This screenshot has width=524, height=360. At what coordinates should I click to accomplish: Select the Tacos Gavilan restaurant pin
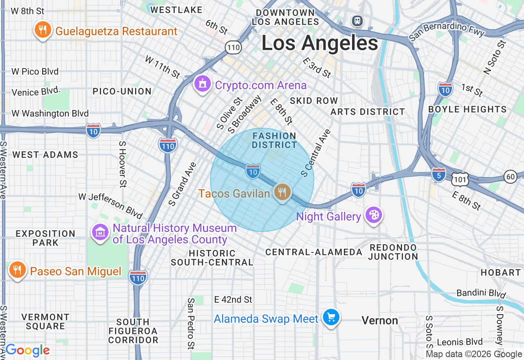click(x=282, y=191)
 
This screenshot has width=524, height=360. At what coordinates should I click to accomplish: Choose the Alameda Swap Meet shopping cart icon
click(x=331, y=317)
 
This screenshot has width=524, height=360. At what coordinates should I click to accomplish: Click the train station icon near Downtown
click(x=357, y=20)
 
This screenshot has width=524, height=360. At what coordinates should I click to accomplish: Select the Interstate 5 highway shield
click(x=438, y=174)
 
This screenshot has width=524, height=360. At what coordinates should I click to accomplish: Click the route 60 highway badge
click(x=510, y=176)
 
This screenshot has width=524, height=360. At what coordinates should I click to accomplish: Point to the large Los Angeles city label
click(x=320, y=43)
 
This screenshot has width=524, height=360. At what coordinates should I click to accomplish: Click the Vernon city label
click(x=380, y=320)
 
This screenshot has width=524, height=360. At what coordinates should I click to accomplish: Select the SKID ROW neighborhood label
click(x=314, y=101)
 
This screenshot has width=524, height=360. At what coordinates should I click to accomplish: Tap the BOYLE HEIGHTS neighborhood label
click(x=467, y=110)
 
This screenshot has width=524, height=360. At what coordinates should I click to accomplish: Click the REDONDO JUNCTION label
click(x=393, y=252)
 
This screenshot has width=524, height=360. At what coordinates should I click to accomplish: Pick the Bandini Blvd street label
click(x=481, y=293)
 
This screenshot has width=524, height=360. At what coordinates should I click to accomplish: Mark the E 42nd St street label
click(x=233, y=300)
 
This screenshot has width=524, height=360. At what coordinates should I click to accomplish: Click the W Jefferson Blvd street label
click(x=111, y=206)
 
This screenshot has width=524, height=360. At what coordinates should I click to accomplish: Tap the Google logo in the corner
click(x=27, y=350)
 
